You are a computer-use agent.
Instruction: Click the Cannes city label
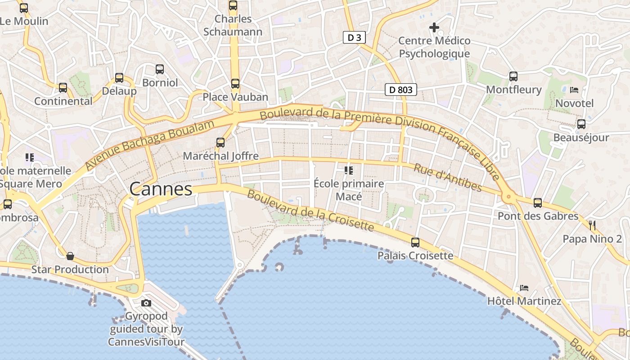coord(161,189)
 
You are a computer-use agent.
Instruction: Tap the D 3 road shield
coord(354,38)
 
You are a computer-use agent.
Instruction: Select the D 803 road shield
coord(400,90)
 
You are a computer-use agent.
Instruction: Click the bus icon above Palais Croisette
coord(415,243)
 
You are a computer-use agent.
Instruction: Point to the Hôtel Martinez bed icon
coord(524,288)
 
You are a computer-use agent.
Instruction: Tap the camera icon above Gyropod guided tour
coord(146,303)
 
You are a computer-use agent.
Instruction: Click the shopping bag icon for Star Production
coord(70,256)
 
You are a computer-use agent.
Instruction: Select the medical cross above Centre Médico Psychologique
coord(434,28)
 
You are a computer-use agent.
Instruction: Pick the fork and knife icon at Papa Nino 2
coord(592,225)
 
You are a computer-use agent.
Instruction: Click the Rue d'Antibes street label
coord(447,177)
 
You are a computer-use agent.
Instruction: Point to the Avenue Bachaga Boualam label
coord(149,145)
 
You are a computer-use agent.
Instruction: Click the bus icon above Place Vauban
coord(235,84)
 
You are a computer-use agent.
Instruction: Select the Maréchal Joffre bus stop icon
coord(220,143)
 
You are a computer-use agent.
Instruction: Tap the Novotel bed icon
coord(574,90)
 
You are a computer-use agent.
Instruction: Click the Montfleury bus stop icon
coord(513,76)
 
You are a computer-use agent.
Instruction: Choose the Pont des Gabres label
coord(538,216)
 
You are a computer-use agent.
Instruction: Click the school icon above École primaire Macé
coord(348,170)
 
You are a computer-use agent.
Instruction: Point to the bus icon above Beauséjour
coord(581,124)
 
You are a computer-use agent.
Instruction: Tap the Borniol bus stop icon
coord(160,69)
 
